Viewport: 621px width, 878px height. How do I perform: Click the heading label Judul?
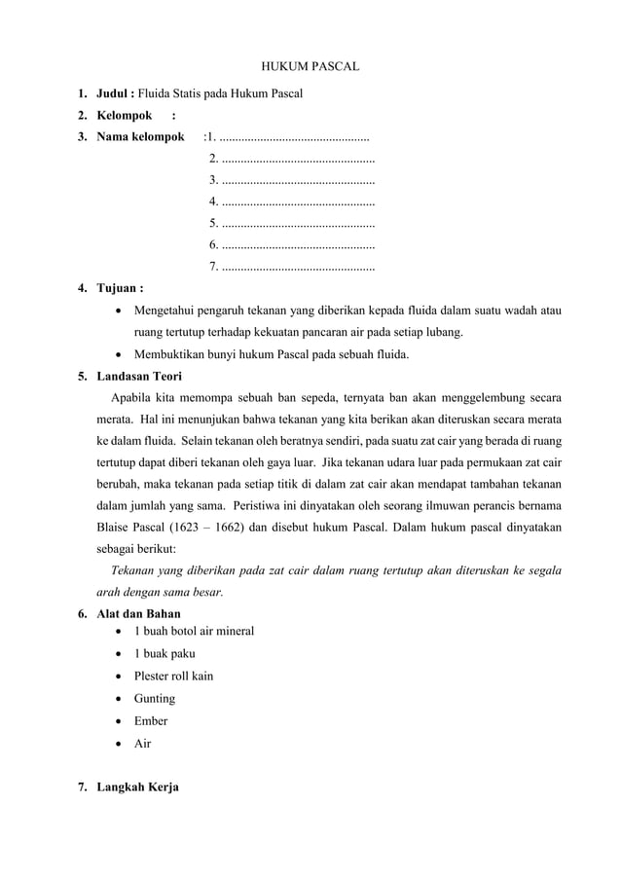coord(114,94)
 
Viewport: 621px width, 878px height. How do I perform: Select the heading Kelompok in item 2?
coord(124,116)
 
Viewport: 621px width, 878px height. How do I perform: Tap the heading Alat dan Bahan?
coord(138,614)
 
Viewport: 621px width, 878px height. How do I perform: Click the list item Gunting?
coord(155,699)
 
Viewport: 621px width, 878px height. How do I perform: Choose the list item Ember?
coord(151,721)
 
